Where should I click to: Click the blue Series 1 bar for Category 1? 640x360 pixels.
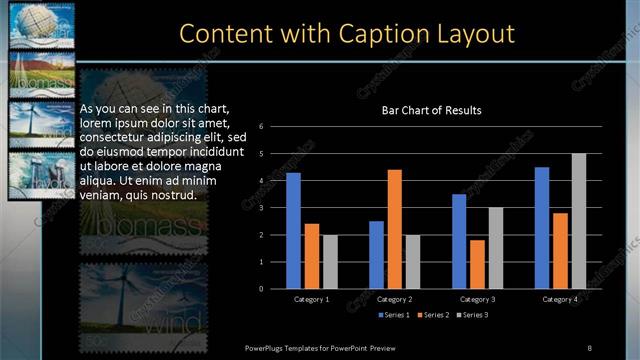(293, 231)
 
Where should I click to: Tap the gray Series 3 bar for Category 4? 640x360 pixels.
(579, 221)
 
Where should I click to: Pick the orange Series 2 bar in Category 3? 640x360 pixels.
(477, 264)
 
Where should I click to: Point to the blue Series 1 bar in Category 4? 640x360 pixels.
(542, 228)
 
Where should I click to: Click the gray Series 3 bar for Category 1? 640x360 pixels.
(330, 262)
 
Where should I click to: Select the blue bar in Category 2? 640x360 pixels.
(376, 255)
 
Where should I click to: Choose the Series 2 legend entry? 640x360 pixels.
(433, 315)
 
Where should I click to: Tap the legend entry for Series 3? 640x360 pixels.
(472, 315)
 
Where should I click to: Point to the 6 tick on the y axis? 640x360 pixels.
(260, 127)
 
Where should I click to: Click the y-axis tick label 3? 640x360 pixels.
(260, 208)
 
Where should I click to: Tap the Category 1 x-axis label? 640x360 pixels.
(311, 299)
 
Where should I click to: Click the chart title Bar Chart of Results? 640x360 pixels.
(432, 110)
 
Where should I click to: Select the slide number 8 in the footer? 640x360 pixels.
(590, 348)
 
